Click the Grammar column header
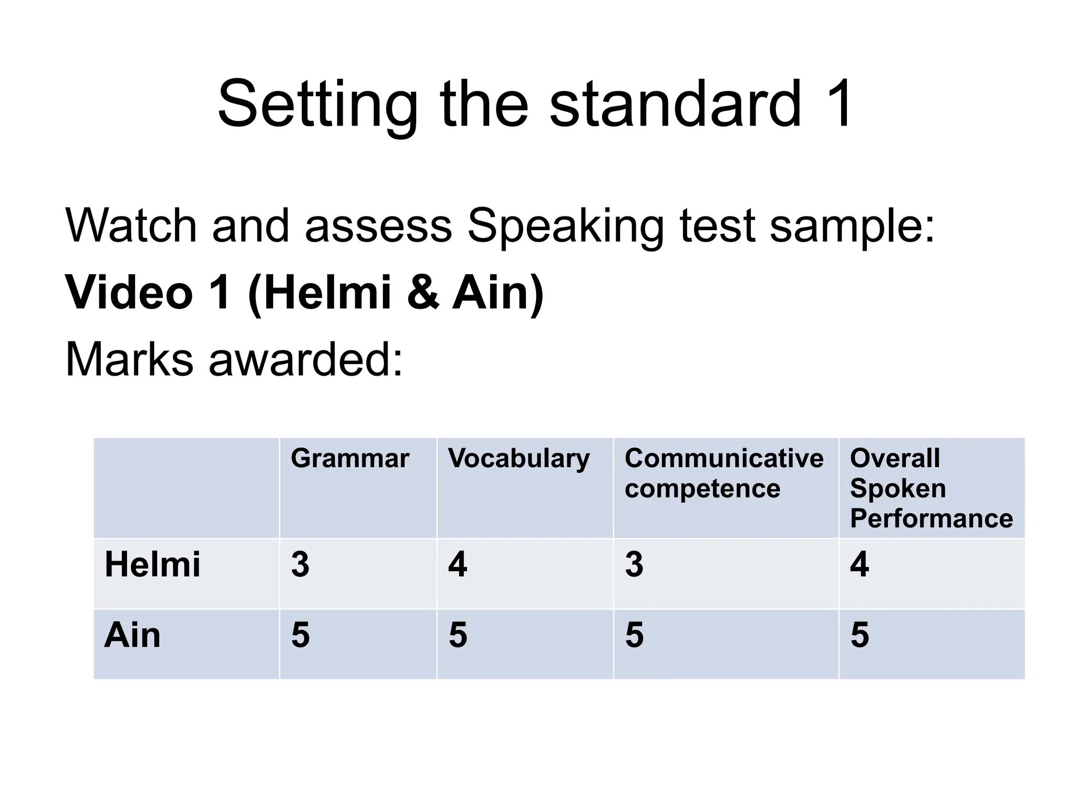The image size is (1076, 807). pyautogui.click(x=350, y=458)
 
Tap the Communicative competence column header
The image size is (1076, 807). pyautogui.click(x=723, y=473)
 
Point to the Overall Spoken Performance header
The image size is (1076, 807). pyautogui.click(x=931, y=488)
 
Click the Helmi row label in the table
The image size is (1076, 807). pyautogui.click(x=152, y=565)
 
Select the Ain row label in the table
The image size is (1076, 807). pyautogui.click(x=132, y=635)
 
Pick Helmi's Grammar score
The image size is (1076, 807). pyautogui.click(x=301, y=565)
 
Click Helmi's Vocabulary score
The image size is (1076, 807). pyautogui.click(x=458, y=565)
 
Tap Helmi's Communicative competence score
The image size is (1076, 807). pyautogui.click(x=634, y=565)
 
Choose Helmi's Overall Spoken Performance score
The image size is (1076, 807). pyautogui.click(x=860, y=565)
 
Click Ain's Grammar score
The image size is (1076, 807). pyautogui.click(x=301, y=635)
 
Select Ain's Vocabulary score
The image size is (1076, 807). pyautogui.click(x=458, y=635)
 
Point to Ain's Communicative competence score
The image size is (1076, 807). pyautogui.click(x=634, y=635)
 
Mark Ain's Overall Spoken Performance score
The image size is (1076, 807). pyautogui.click(x=860, y=635)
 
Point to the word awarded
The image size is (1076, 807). pyautogui.click(x=306, y=360)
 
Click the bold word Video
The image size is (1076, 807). pyautogui.click(x=129, y=292)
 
